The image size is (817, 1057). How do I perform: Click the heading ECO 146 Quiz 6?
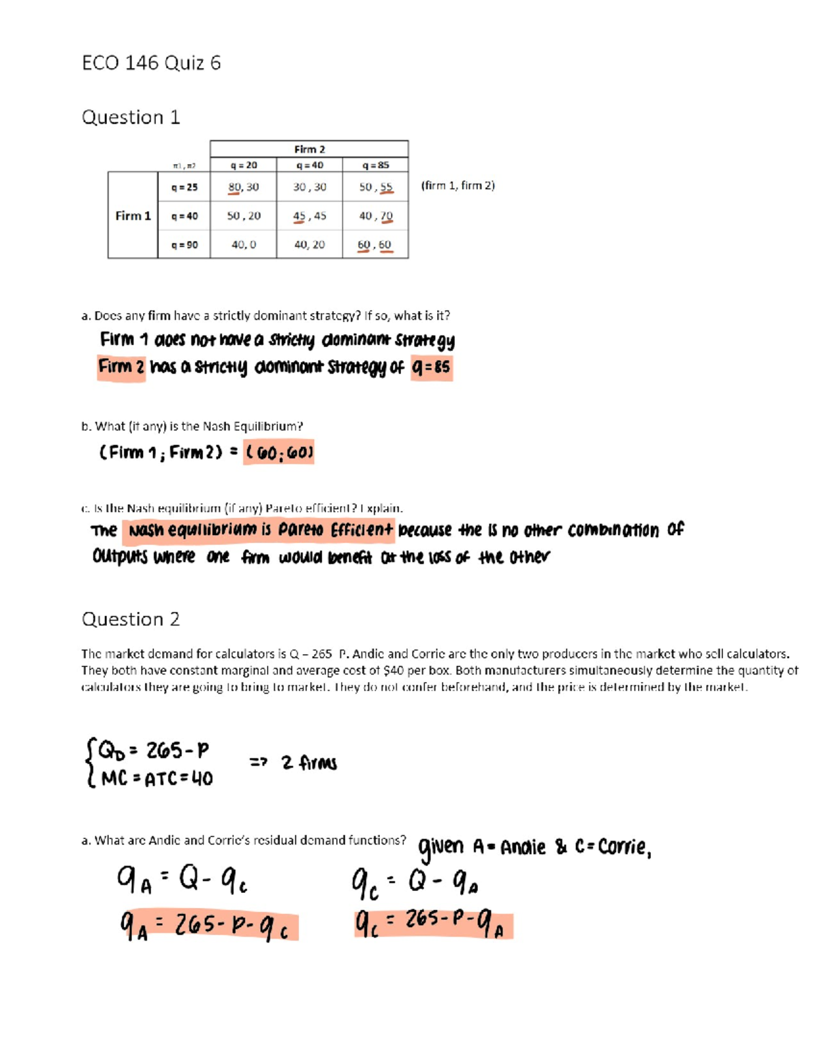[x=151, y=63]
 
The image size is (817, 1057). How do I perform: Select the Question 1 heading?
[x=131, y=117]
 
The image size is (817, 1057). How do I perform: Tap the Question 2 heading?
[x=131, y=619]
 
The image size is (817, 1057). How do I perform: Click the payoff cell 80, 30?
[x=243, y=186]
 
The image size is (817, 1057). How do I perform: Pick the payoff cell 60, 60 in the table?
[x=374, y=244]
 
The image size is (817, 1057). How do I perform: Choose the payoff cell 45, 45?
[x=309, y=216]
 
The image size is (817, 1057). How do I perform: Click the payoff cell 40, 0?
[x=243, y=244]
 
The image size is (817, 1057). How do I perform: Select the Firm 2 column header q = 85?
[x=375, y=165]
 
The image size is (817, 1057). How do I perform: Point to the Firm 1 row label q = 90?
[x=185, y=244]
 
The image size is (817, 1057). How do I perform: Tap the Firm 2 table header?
[x=309, y=149]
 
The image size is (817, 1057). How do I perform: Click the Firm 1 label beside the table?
[x=133, y=216]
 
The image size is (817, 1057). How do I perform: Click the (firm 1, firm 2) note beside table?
[x=458, y=185]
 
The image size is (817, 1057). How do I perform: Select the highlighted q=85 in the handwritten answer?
[x=432, y=368]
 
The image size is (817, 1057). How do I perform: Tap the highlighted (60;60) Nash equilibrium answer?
[x=279, y=453]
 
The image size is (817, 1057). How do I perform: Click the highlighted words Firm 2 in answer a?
[x=121, y=368]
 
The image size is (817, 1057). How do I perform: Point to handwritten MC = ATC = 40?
[x=157, y=778]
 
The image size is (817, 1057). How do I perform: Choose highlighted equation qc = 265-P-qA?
[x=432, y=924]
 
